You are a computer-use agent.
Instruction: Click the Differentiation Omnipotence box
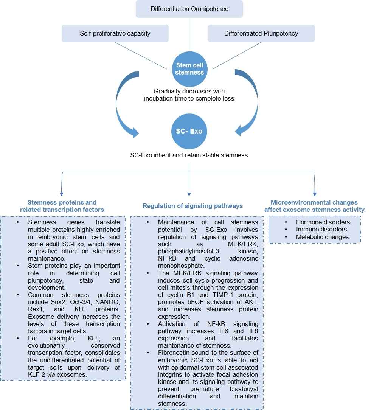click(189, 9)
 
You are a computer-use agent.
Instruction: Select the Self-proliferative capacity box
click(115, 33)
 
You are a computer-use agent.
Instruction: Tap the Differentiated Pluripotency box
click(261, 33)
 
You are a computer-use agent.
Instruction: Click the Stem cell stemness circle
click(189, 68)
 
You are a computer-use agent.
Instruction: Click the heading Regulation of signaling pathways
click(192, 206)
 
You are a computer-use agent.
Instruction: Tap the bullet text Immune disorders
click(322, 229)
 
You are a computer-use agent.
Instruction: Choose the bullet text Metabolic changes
click(323, 237)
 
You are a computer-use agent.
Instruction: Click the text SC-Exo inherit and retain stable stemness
click(189, 155)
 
